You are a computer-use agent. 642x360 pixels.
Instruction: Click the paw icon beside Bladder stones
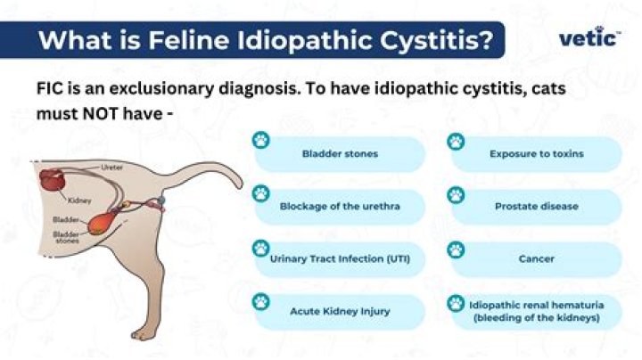tap(261, 141)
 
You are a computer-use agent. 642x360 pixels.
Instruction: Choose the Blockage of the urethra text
tap(340, 206)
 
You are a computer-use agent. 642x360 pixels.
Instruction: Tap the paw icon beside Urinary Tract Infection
tap(261, 247)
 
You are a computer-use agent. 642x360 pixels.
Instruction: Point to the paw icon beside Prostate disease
tap(457, 193)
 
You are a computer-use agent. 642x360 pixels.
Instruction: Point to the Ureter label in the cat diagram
tap(111, 167)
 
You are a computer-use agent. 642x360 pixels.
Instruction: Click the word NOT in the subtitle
tap(98, 115)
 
